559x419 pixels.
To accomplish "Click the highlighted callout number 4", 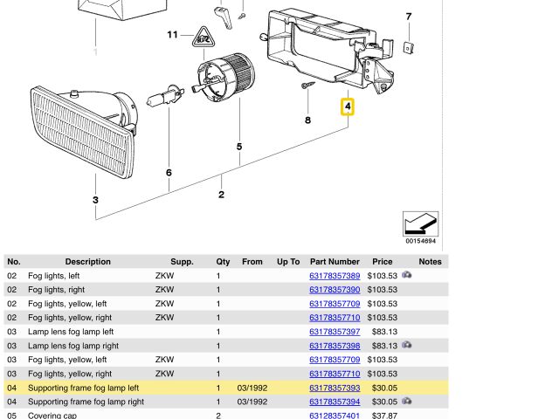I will point(348,107).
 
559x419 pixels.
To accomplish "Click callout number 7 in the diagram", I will point(408,17).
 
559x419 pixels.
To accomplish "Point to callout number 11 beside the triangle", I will point(172,35).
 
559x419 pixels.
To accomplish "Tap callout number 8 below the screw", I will point(307,120).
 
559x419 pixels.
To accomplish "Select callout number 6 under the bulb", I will point(169,173).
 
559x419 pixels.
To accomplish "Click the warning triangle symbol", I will point(202,38).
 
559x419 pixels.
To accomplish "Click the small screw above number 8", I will point(309,86).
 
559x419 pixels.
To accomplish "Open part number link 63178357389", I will point(335,276).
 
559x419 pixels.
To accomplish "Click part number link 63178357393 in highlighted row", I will point(335,388).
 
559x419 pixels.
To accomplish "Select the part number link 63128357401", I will point(335,416).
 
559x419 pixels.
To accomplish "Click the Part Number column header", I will point(335,261).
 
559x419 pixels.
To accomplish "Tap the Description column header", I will point(87,261).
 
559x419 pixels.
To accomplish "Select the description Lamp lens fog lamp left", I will point(71,332).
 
